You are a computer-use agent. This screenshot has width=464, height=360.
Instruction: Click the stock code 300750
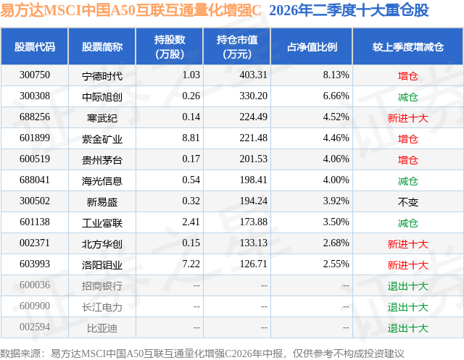(x=35, y=75)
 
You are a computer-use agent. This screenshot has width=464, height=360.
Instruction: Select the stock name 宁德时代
(x=102, y=76)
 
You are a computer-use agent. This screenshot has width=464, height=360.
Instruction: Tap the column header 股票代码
(x=35, y=46)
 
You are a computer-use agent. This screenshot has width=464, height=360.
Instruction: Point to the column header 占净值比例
(x=312, y=46)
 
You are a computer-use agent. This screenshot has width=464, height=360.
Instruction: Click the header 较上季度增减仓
(x=408, y=46)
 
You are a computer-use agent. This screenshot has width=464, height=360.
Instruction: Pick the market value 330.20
(x=254, y=96)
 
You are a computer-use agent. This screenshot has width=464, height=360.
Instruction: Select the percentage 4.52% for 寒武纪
(x=336, y=117)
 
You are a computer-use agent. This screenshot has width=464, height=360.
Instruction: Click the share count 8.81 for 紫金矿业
(x=191, y=138)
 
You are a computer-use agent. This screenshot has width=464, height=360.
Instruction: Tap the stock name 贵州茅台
(x=102, y=160)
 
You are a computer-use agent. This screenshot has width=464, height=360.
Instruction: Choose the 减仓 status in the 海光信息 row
(x=408, y=181)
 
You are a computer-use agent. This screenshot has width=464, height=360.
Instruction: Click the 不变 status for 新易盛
(x=408, y=202)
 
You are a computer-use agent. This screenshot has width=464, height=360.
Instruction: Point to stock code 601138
(x=35, y=222)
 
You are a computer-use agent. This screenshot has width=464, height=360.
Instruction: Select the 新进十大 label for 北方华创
(x=408, y=244)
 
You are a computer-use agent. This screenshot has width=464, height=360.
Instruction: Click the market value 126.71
(x=254, y=264)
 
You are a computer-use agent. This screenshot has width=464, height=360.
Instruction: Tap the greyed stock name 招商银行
(x=102, y=286)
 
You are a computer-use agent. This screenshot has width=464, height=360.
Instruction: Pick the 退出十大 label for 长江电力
(x=408, y=307)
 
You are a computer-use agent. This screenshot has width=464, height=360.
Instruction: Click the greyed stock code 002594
(x=35, y=327)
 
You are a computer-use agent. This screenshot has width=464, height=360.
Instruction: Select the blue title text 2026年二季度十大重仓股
(x=349, y=11)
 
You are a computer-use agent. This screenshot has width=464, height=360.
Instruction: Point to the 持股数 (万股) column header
(x=170, y=46)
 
